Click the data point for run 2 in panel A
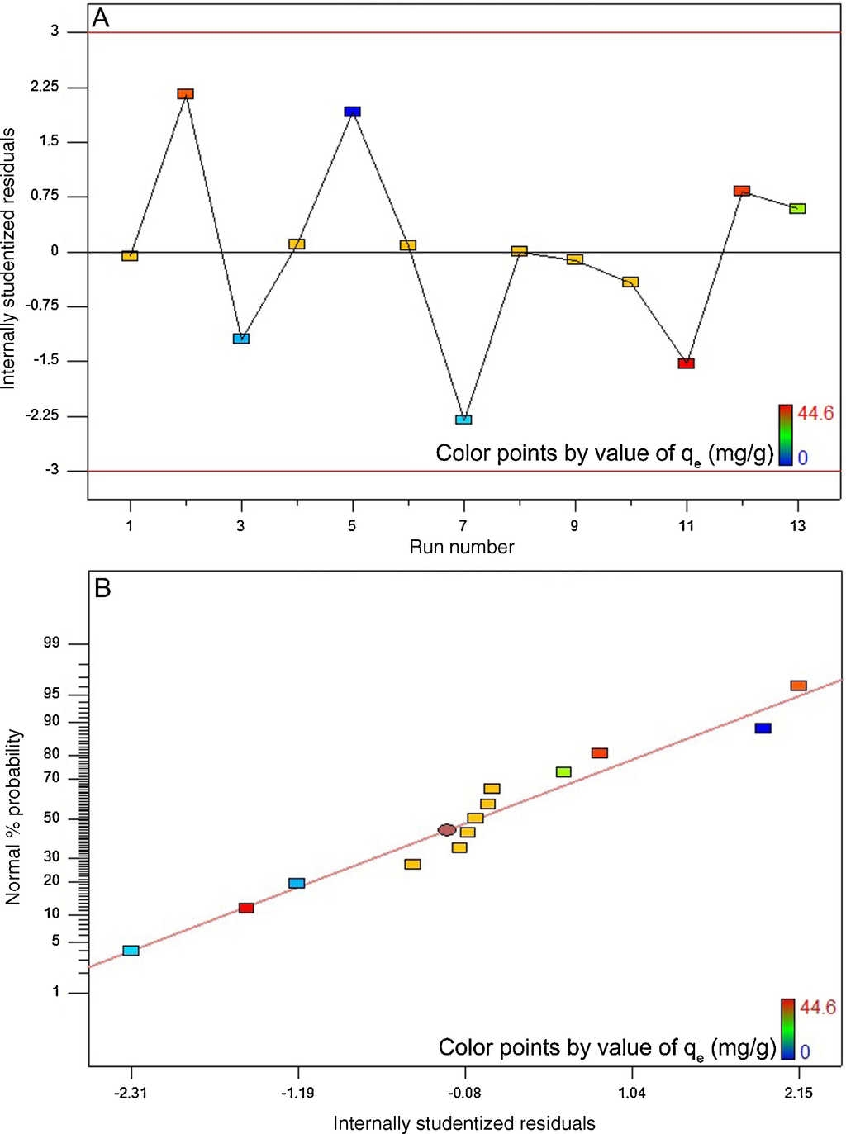(186, 94)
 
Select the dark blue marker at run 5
(353, 112)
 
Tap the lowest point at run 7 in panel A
(463, 420)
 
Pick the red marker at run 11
(686, 363)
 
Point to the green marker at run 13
(797, 209)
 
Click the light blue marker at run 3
(241, 339)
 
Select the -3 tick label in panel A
(54, 470)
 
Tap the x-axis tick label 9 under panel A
(574, 526)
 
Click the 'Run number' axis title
(462, 547)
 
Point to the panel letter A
(101, 18)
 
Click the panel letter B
(102, 588)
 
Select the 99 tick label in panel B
(52, 644)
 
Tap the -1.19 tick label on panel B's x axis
(298, 1094)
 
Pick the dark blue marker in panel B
(763, 728)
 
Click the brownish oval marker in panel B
(447, 830)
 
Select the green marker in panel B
(563, 772)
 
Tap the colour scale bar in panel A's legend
(785, 434)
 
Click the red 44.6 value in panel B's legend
(818, 1008)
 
